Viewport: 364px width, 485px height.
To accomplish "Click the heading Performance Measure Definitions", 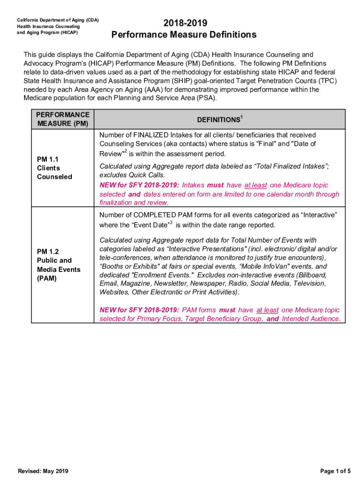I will point(184,35).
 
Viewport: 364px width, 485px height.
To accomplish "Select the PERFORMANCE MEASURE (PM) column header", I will point(63,119).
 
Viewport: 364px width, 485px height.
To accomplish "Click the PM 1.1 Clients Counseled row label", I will point(55,168).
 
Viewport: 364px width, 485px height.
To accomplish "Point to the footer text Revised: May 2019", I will point(43,471).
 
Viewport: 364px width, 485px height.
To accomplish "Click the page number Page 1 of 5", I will point(335,471).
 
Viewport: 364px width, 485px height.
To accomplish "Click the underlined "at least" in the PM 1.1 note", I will point(255,185).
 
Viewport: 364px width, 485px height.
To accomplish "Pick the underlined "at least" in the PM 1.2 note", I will point(267,310).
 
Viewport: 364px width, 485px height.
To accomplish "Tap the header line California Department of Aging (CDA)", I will point(58,20).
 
